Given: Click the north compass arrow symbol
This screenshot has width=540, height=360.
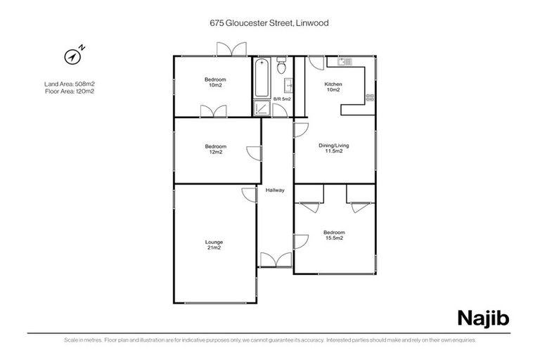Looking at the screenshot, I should [x=73, y=56].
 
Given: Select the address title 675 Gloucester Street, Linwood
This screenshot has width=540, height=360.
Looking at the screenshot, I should [x=269, y=22].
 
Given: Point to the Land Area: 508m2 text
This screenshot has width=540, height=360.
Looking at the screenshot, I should [x=69, y=84].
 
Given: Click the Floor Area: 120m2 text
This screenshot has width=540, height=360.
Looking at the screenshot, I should [x=69, y=91].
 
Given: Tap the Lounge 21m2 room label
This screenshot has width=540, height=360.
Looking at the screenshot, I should [x=214, y=245].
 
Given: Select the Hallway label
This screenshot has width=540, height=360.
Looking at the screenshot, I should [x=275, y=191].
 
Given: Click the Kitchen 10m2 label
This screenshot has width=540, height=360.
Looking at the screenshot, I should [x=333, y=87].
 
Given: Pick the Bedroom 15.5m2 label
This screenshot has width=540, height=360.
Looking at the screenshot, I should [x=334, y=235].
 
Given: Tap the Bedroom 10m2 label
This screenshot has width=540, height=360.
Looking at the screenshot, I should [x=214, y=82].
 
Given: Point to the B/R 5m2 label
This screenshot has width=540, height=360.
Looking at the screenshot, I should [x=282, y=99].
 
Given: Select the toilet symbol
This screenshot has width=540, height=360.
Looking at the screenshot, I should [x=281, y=67].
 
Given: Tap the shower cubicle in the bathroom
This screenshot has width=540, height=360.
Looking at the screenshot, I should [x=262, y=108].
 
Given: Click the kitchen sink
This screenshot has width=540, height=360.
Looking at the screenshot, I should [x=345, y=63].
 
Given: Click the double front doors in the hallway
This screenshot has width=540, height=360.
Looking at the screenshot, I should [x=275, y=259].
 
